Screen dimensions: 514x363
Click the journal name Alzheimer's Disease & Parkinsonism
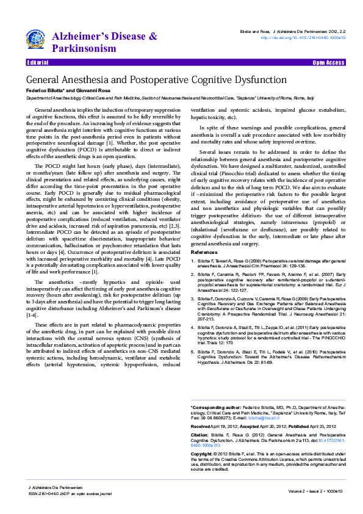point(104,42)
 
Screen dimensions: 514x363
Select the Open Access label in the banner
point(328,63)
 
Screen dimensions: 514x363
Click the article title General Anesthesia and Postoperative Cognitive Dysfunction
point(156,80)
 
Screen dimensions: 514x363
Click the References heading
point(204,252)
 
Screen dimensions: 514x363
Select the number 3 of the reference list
point(193,300)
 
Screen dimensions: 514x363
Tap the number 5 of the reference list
point(193,352)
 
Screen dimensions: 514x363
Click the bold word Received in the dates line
point(201,425)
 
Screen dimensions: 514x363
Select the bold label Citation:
point(201,434)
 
